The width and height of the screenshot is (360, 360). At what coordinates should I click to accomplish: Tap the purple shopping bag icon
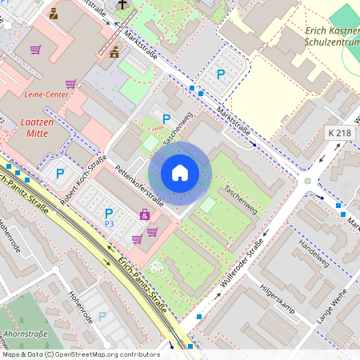pyautogui.click(x=144, y=214)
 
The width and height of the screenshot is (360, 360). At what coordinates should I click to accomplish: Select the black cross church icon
pyautogui.click(x=122, y=5)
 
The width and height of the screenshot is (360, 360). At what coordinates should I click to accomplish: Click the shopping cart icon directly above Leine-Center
pyautogui.click(x=71, y=83)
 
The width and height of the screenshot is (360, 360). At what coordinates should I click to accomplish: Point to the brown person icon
pyautogui.click(x=54, y=14)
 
